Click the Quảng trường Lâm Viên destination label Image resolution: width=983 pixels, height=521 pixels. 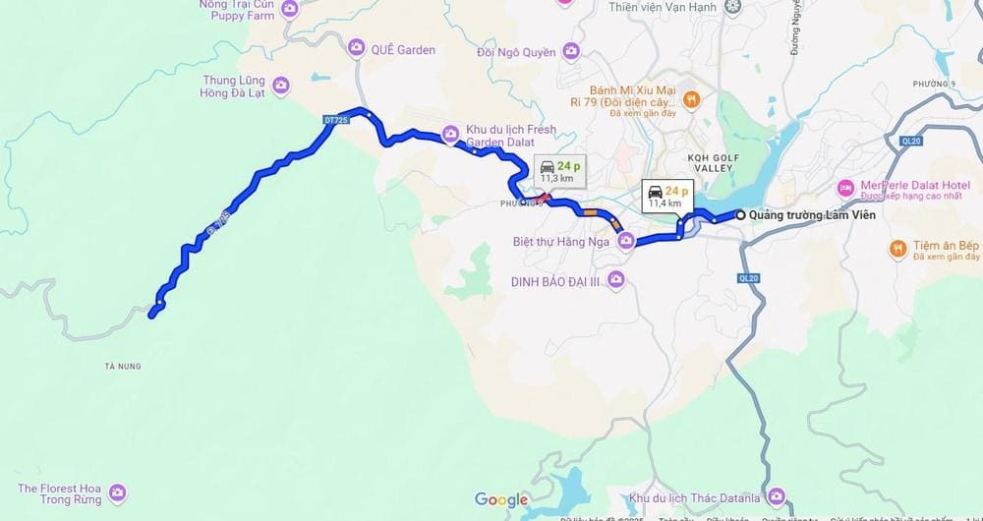click(x=812, y=215)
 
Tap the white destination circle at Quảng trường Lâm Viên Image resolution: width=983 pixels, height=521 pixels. click(x=740, y=214)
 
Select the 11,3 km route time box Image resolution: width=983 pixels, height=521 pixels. click(x=560, y=171)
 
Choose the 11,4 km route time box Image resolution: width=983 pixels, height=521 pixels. click(x=665, y=196)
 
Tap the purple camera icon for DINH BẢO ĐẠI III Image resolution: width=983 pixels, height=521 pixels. click(x=616, y=281)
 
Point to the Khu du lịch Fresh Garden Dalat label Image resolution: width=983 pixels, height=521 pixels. click(x=511, y=136)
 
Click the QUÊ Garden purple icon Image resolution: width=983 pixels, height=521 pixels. click(x=356, y=47)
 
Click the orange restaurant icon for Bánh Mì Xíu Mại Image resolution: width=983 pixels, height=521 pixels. click(x=691, y=98)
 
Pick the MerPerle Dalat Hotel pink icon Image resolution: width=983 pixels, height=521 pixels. click(x=844, y=187)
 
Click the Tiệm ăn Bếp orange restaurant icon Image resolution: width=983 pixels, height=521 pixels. click(x=897, y=249)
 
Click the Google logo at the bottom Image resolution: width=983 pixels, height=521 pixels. click(x=501, y=500)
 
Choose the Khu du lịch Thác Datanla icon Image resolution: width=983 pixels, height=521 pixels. click(x=777, y=496)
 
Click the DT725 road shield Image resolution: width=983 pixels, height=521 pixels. click(x=335, y=120)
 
